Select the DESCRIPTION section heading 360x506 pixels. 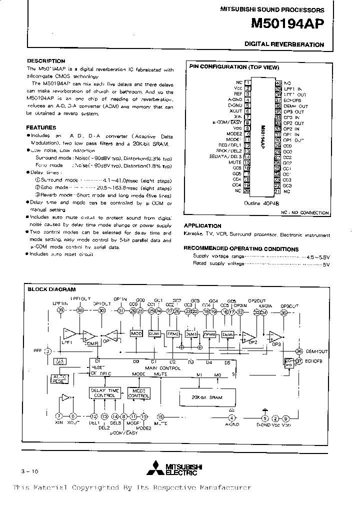(x=46, y=61)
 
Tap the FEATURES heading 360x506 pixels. (x=41, y=127)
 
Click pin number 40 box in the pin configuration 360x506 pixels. (x=278, y=82)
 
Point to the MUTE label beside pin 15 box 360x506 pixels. (x=235, y=162)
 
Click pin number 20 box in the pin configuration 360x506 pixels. (x=246, y=190)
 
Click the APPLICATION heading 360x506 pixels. (x=202, y=225)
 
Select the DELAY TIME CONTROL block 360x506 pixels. (x=104, y=393)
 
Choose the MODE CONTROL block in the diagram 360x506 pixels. (x=138, y=393)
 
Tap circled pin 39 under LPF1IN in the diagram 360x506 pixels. (x=60, y=310)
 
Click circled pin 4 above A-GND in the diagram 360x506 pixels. (x=231, y=418)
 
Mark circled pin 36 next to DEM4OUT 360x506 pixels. (x=299, y=350)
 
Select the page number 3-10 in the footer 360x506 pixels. (x=29, y=471)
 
